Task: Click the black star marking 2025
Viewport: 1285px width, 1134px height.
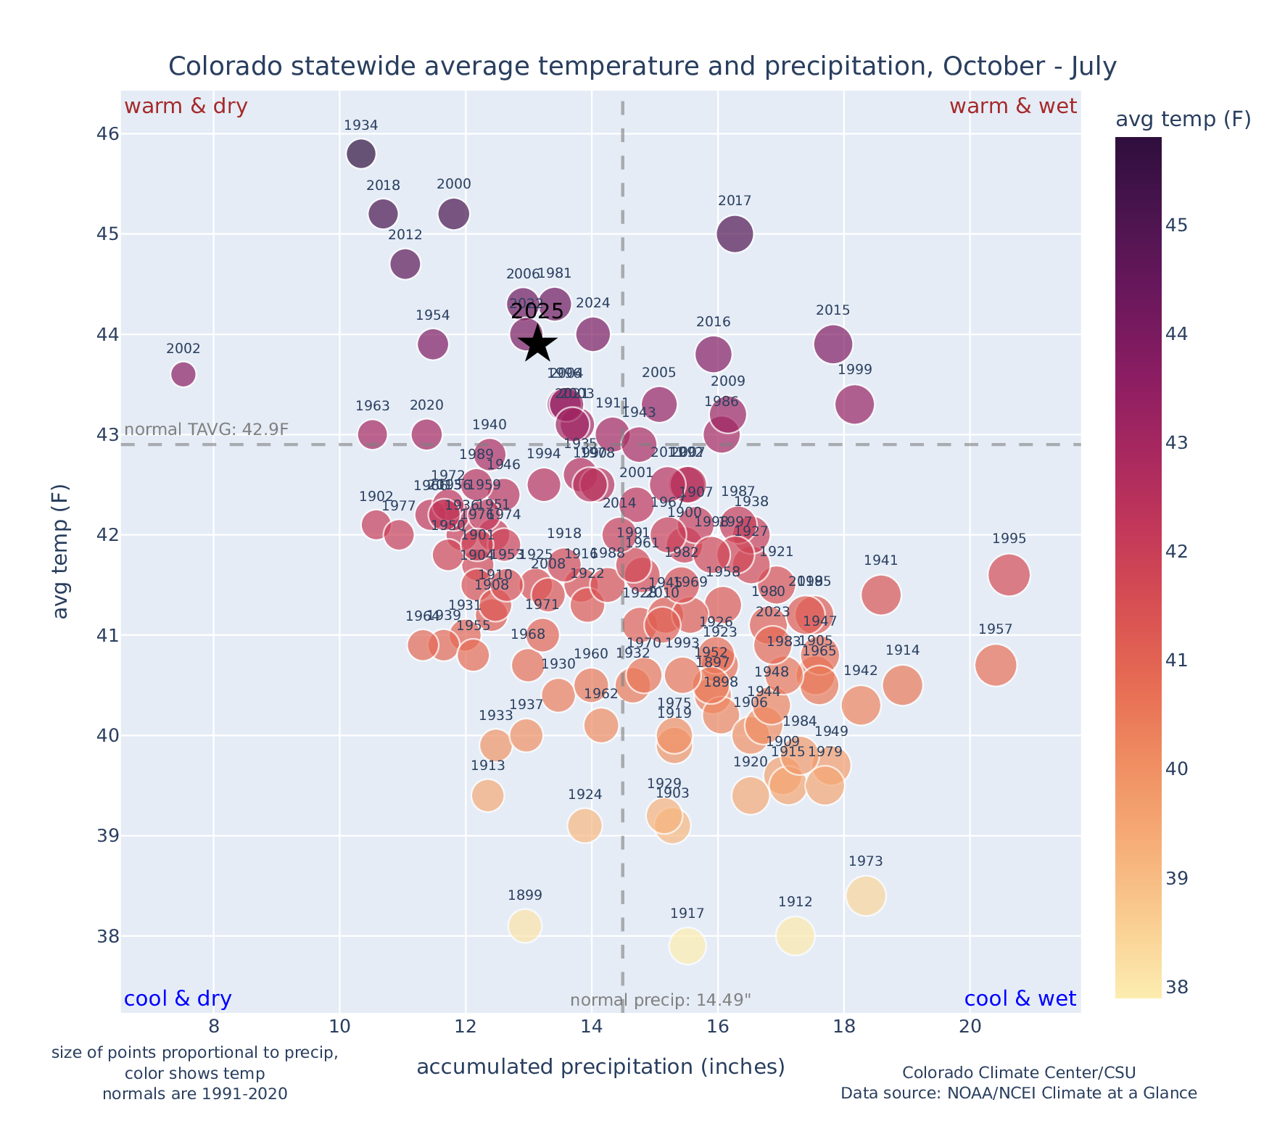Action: pos(537,344)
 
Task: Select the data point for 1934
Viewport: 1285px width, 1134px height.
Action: pos(361,154)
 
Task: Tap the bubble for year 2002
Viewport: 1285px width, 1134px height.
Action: pos(183,374)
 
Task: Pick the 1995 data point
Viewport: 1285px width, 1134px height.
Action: pos(1009,575)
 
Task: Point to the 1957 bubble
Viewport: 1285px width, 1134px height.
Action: pos(996,665)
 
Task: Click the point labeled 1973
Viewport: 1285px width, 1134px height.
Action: pos(866,896)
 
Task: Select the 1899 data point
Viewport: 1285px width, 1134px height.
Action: pos(525,926)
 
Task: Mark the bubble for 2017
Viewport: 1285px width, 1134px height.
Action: pos(735,233)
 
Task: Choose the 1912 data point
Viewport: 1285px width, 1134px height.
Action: pos(796,936)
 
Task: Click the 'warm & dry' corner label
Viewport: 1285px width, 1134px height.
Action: pos(186,107)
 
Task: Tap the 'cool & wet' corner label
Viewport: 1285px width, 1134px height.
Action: pos(1020,999)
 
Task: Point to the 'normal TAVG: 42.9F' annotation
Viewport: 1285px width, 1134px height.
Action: pos(207,429)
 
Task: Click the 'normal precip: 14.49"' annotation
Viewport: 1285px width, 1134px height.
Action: pos(661,1001)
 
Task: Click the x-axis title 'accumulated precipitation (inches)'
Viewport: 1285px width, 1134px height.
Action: pos(601,1067)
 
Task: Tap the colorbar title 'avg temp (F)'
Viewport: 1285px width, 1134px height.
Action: pos(1183,120)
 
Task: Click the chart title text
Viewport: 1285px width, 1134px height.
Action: pos(642,67)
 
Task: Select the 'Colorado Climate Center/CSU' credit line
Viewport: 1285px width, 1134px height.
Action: pos(1019,1072)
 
